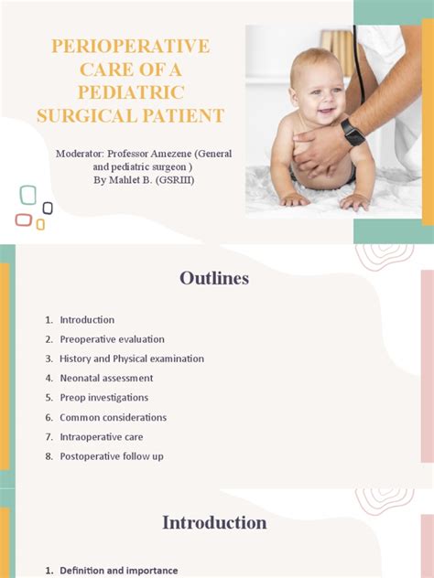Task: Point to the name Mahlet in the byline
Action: tap(123, 180)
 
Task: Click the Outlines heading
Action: tap(214, 278)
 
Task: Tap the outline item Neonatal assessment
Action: tap(106, 378)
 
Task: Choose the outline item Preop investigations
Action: tap(103, 398)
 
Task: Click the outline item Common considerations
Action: tap(113, 417)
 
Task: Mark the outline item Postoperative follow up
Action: tap(112, 456)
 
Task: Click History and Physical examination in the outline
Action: tap(132, 359)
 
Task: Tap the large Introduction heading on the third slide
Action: tap(214, 523)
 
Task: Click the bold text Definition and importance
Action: tap(118, 571)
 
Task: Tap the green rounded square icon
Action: tap(28, 195)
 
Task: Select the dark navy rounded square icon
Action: tap(48, 208)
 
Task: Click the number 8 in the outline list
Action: tap(48, 456)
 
